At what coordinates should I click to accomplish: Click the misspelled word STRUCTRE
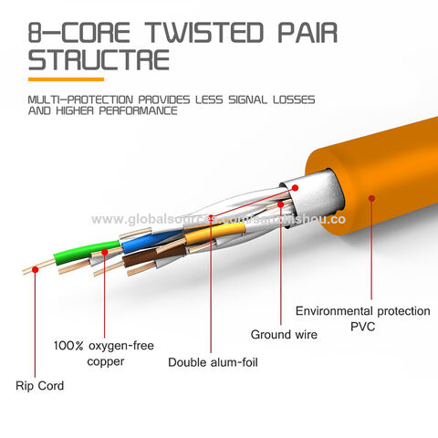[x=98, y=62]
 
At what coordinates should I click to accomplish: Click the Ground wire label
[x=284, y=335]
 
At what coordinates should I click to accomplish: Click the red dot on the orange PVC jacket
[x=370, y=194]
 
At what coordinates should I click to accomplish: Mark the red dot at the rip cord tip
[x=36, y=267]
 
